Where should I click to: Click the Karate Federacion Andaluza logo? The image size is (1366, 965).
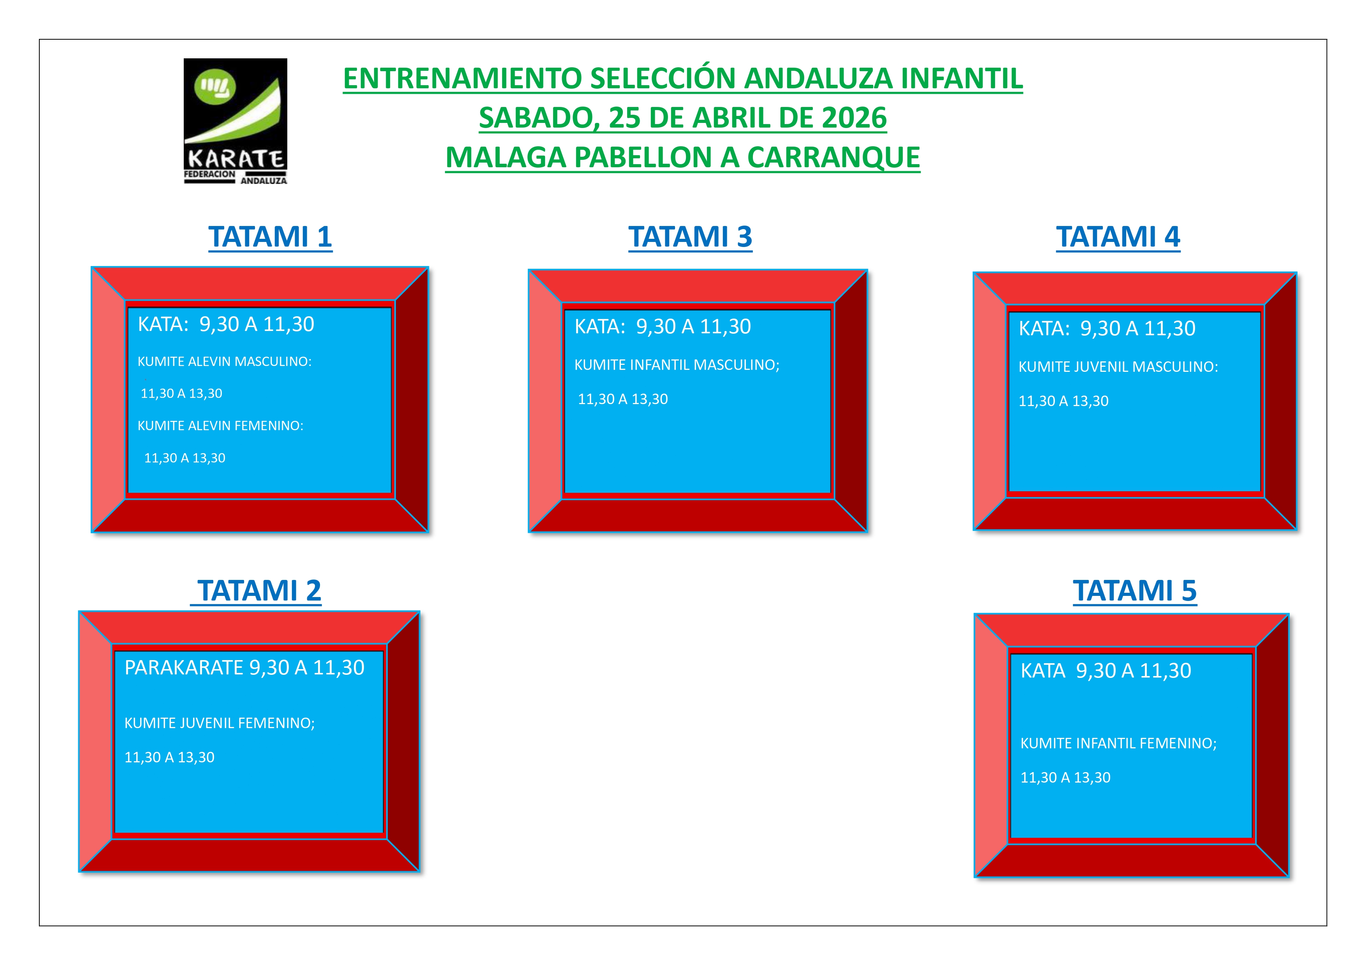coord(235,121)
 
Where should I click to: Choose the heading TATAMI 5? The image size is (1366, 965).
coord(1134,590)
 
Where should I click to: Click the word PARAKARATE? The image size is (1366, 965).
coord(184,668)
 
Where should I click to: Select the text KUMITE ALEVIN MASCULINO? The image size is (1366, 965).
coord(224,361)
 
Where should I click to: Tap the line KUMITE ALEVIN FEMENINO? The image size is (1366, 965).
coord(220,426)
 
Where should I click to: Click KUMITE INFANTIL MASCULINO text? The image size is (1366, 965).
coord(677,365)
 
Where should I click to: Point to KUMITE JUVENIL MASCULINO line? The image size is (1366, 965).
coord(1118,367)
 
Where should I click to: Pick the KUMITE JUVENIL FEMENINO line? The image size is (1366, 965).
coord(220,723)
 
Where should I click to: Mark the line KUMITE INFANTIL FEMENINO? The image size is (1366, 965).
coord(1118,743)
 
